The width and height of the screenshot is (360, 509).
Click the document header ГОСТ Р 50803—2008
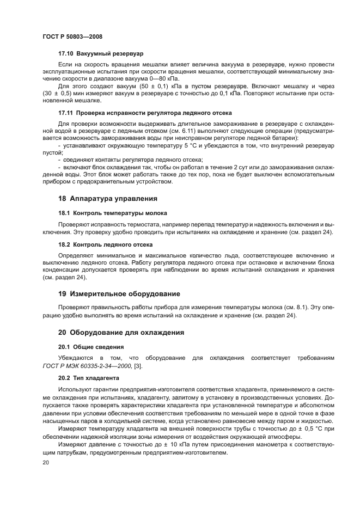pyautogui.click(x=72, y=36)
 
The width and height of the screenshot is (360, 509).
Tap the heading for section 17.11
pyautogui.click(x=145, y=113)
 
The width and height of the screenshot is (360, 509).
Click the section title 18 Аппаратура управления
pyautogui.click(x=108, y=198)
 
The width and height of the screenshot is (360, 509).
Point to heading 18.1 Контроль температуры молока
pyautogui.click(x=113, y=213)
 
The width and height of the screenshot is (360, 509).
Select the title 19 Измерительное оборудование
pyautogui.click(x=119, y=294)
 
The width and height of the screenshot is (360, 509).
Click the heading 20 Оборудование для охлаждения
pyautogui.click(x=121, y=332)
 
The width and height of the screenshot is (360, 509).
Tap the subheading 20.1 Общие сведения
pyautogui.click(x=91, y=347)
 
